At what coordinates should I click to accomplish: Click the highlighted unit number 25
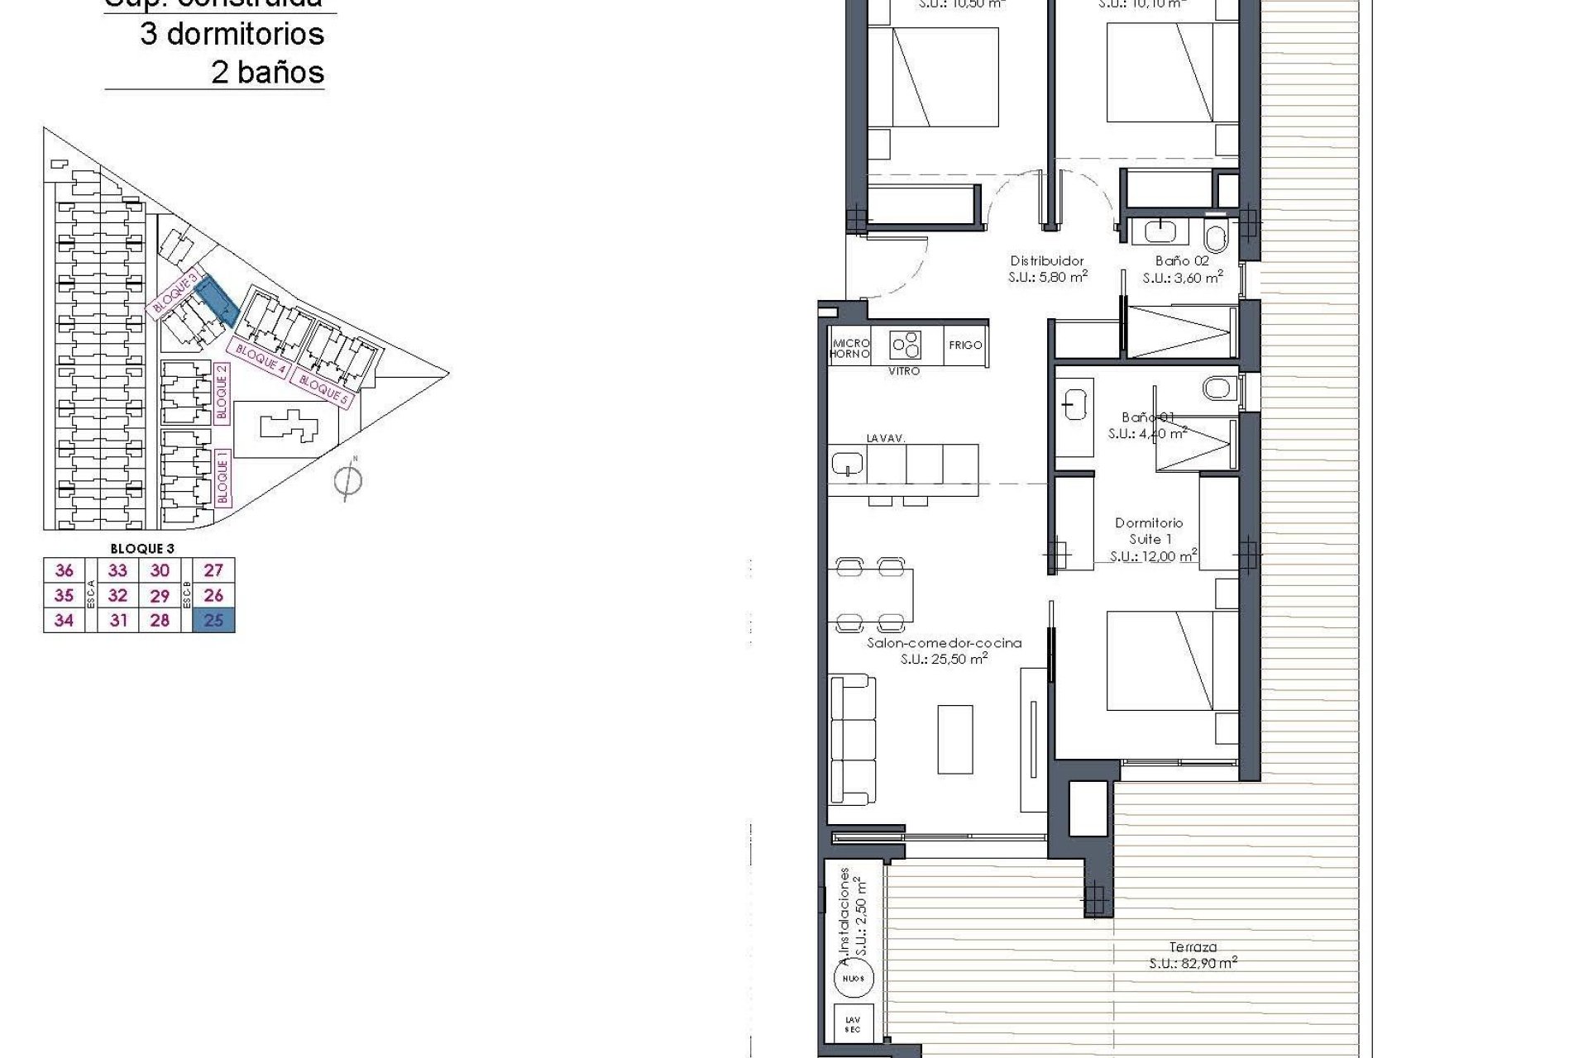coord(213,620)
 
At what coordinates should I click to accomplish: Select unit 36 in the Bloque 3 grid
coord(64,570)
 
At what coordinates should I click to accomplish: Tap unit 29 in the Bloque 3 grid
coord(160,596)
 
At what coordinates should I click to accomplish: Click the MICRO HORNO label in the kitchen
coord(850,348)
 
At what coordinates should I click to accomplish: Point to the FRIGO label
coord(965,346)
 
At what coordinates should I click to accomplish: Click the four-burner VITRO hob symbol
coord(905,345)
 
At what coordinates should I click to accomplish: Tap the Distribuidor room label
coord(1047,261)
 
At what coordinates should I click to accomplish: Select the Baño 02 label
coord(1182,261)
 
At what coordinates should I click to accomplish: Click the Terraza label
coord(1193,947)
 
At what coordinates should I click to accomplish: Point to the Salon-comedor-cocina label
coord(944,643)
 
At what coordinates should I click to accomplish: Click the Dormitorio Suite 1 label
coord(1149,531)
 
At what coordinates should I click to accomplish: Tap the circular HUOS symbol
coord(853,979)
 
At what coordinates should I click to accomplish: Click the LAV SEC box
coord(853,1025)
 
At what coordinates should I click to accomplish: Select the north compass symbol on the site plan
coord(348,480)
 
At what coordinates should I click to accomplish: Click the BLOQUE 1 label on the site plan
coord(222,478)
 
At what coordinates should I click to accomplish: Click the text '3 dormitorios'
coord(232,35)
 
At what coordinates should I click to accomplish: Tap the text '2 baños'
coord(267,73)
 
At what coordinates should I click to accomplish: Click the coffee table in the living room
coord(955,739)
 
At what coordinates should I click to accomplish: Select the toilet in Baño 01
coord(1218,387)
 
